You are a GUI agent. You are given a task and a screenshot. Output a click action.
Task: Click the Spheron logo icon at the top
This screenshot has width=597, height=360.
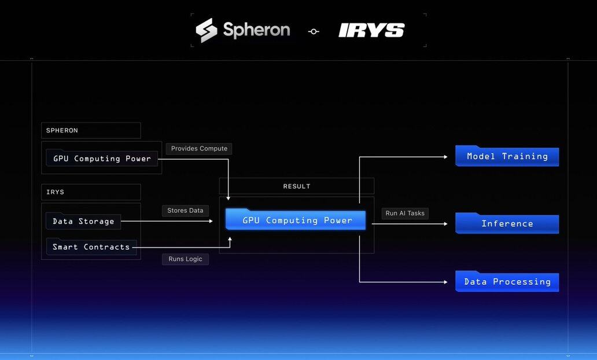click(207, 30)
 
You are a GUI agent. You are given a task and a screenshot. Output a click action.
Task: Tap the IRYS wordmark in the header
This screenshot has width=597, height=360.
click(371, 31)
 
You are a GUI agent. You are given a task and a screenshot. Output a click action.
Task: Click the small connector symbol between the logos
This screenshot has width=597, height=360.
click(314, 32)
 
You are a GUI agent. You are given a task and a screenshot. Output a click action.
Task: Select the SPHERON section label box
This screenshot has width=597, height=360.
click(91, 130)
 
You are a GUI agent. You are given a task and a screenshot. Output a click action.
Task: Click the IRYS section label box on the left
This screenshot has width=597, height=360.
click(91, 192)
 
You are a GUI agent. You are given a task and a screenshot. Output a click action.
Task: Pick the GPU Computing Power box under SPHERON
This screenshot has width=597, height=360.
click(102, 158)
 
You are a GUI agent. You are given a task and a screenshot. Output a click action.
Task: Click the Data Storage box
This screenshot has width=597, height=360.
click(83, 221)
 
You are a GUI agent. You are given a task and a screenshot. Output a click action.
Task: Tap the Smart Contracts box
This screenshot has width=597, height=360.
click(91, 247)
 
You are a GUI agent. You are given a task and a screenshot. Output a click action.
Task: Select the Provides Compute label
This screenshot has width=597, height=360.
click(199, 149)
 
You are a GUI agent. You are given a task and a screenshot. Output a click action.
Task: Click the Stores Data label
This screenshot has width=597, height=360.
click(185, 211)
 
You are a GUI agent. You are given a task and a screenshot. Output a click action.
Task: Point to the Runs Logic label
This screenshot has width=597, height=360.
click(185, 259)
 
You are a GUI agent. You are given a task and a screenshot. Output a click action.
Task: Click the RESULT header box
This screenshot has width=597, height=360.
click(296, 186)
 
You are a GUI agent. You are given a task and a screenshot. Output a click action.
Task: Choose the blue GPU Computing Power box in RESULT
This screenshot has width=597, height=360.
click(296, 220)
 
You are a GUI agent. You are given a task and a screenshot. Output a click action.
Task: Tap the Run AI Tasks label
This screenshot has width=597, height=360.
click(405, 214)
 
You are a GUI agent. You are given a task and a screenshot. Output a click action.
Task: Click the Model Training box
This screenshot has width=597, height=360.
click(507, 156)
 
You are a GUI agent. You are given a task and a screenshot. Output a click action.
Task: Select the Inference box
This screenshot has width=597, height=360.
click(507, 223)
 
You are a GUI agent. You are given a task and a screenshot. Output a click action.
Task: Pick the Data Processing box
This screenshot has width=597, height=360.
click(507, 282)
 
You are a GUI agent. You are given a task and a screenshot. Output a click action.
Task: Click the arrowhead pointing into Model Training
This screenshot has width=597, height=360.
click(445, 156)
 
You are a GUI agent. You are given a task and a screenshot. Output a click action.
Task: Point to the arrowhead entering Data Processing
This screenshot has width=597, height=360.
click(445, 282)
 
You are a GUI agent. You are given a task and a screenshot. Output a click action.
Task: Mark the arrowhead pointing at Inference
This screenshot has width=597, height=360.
click(445, 223)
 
